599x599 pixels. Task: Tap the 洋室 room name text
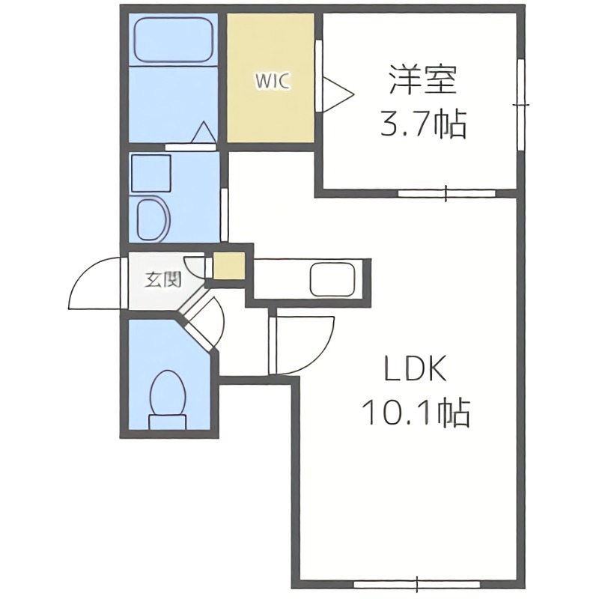pyautogui.click(x=422, y=80)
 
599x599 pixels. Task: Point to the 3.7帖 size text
pyautogui.click(x=422, y=124)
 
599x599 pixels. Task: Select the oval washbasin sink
pyautogui.click(x=155, y=219)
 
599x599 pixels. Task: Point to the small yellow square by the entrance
pyautogui.click(x=228, y=267)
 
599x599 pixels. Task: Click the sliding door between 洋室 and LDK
pyautogui.click(x=446, y=193)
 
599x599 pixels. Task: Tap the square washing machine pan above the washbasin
pyautogui.click(x=152, y=173)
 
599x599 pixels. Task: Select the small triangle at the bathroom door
pyautogui.click(x=202, y=133)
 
